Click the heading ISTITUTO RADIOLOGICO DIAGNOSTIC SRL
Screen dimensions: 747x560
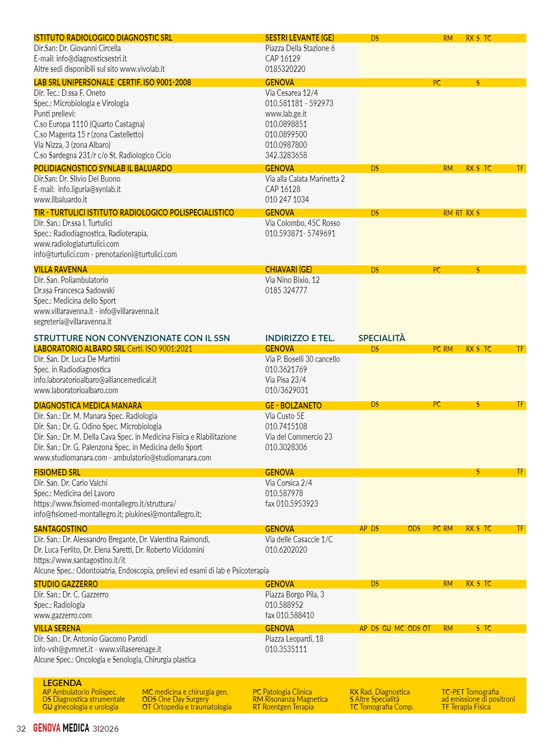103,38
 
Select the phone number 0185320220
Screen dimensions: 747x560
285,69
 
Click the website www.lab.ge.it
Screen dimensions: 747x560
285,114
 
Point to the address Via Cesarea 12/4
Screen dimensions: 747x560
291,93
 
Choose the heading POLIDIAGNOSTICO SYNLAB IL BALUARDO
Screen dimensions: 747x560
103,169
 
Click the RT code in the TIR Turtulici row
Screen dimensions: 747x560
459,213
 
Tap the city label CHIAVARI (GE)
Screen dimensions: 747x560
288,270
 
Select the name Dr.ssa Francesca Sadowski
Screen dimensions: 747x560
74,291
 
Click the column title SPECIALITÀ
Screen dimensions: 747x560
382,338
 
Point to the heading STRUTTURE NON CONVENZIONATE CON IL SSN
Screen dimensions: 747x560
131,338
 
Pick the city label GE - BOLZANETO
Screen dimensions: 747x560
293,406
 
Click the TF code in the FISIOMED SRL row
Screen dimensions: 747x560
520,472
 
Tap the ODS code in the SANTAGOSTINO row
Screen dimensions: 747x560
414,529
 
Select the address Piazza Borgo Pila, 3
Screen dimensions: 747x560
294,595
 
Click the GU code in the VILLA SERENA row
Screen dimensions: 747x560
387,629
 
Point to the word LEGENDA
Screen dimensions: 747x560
62,683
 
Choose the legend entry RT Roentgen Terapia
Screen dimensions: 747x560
283,707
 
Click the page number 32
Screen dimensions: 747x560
21,728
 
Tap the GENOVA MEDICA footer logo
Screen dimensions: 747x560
61,728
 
